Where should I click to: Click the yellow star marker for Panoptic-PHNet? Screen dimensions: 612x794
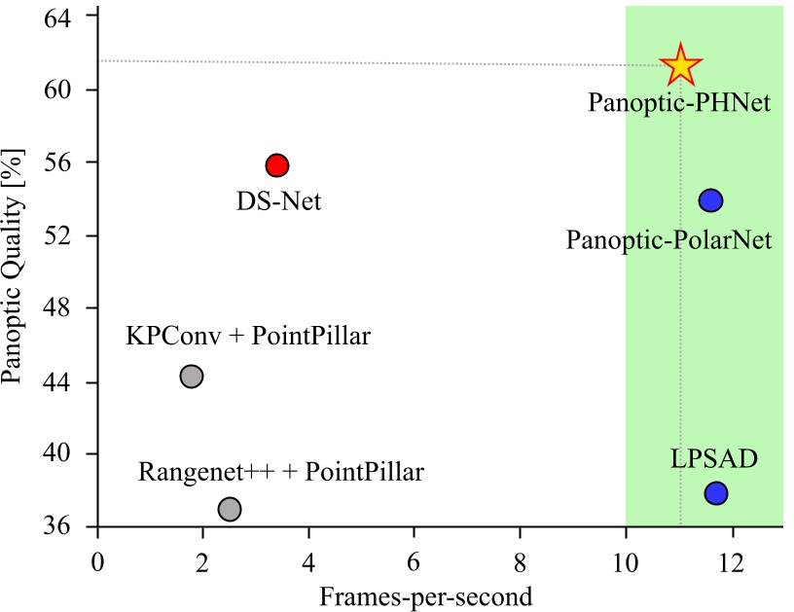point(681,65)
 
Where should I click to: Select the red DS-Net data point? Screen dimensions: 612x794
point(277,164)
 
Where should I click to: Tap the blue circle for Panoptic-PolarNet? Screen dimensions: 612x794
point(710,200)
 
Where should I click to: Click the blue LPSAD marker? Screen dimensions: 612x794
point(716,493)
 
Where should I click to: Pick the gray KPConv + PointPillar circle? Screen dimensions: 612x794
point(192,376)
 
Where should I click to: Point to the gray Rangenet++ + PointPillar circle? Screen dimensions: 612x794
point(230,509)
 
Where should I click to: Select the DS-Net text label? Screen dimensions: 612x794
point(278,202)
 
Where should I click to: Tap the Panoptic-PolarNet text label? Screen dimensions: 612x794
point(668,239)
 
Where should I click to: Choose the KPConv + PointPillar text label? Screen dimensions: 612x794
point(249,337)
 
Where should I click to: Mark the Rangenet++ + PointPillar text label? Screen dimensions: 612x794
point(281,473)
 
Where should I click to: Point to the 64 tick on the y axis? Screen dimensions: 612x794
point(68,17)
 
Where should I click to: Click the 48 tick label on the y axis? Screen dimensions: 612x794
point(68,308)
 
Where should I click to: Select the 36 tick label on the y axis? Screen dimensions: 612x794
point(68,527)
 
